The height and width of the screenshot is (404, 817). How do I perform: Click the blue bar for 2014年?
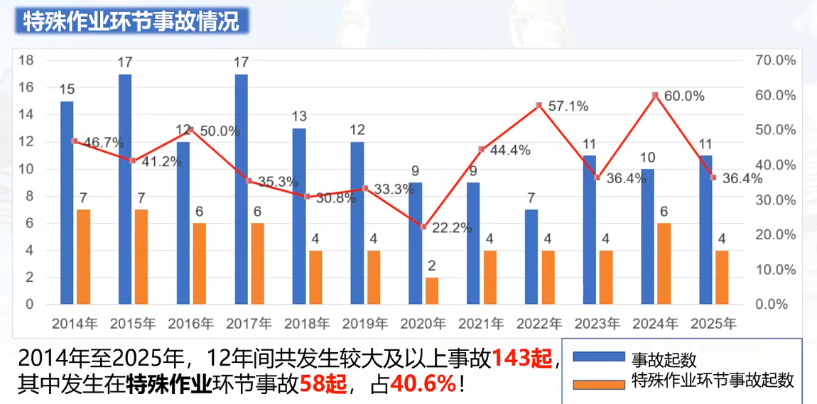coord(67,202)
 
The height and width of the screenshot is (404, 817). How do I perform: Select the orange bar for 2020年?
coord(432,290)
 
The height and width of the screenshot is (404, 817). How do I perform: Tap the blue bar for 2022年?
coord(531,256)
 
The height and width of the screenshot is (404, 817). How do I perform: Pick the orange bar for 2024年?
coord(664,263)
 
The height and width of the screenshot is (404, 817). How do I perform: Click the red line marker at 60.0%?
coord(655,95)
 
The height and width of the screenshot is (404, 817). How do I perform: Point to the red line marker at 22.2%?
coord(423,226)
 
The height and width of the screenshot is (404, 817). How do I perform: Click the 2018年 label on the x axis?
coord(308,324)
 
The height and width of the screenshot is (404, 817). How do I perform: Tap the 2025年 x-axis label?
coord(714,324)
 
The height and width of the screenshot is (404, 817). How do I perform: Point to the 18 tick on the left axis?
coord(26,60)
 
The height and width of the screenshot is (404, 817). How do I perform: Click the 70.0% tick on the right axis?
coord(775,60)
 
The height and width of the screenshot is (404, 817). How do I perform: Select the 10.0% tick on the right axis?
coord(775,270)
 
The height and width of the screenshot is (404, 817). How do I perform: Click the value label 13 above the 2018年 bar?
coord(299,116)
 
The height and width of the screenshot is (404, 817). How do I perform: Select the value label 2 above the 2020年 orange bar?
coord(432,266)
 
